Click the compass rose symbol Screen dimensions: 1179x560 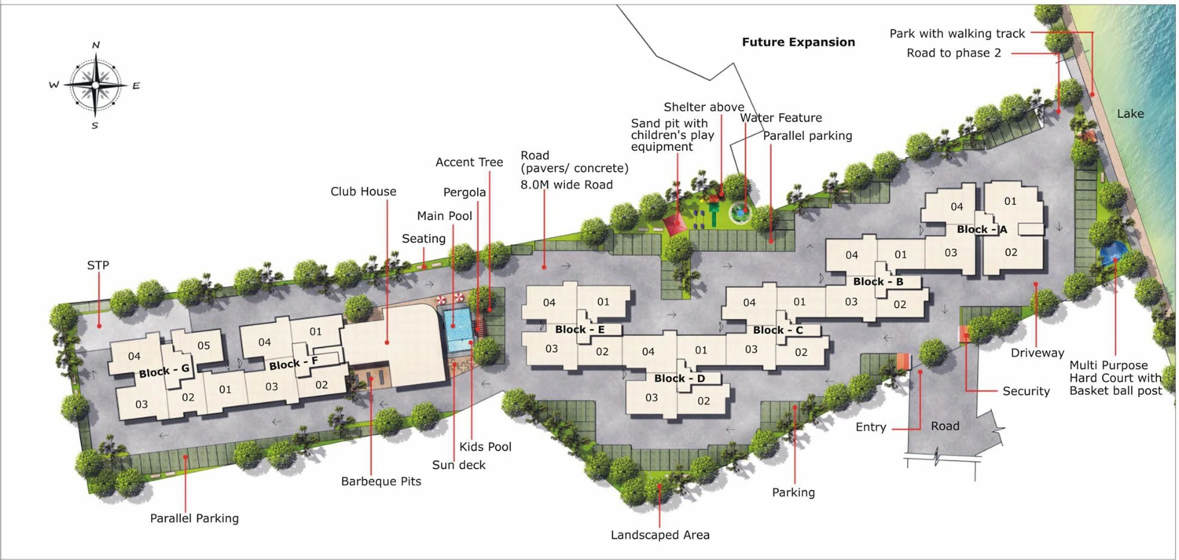pos(95,85)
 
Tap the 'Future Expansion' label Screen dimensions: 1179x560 pos(799,42)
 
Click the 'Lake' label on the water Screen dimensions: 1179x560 pos(1130,114)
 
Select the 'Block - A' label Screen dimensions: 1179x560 pos(982,229)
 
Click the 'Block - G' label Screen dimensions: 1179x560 pos(164,372)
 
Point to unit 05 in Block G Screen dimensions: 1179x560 pos(204,346)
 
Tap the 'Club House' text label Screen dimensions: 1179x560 pos(363,192)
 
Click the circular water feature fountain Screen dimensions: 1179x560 pos(740,212)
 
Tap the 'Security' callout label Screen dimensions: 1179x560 pos(1026,391)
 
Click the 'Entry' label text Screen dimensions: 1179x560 pos(871,427)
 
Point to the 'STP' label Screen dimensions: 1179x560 pos(98,265)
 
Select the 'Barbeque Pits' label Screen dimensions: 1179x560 pos(381,481)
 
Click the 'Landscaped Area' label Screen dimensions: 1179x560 pos(660,535)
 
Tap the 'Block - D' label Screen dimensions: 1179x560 pos(680,379)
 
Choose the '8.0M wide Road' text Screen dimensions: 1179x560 pos(567,185)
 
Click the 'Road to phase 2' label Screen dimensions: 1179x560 pos(953,53)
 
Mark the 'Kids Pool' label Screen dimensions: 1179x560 pos(485,447)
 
